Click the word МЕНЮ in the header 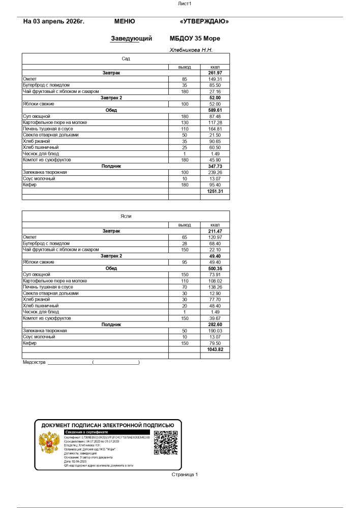125,21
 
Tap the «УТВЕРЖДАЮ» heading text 204,21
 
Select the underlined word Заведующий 131,38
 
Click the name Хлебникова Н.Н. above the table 191,50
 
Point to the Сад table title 126,59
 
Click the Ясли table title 126,216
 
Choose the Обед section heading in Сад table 111,110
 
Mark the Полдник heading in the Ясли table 111,324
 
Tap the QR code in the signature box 165,443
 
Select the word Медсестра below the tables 34,363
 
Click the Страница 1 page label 185,474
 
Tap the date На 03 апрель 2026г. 53,21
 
